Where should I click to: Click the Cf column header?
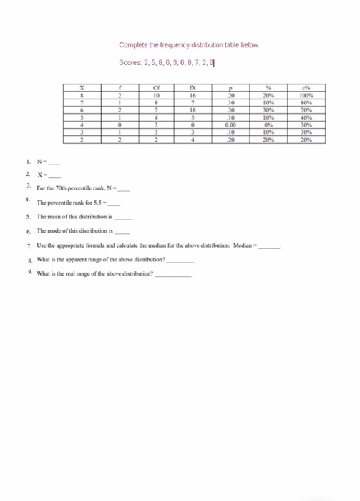click(x=157, y=89)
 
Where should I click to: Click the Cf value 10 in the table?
click(x=157, y=96)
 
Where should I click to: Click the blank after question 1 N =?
click(x=52, y=162)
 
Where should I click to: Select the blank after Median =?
click(x=269, y=245)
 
